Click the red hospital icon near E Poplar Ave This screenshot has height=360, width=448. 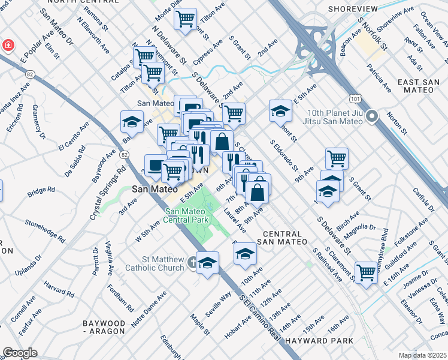click(8, 45)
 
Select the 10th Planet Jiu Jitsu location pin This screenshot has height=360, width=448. click(372, 116)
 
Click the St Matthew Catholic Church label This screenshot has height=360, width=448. click(158, 263)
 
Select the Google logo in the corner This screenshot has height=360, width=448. click(20, 352)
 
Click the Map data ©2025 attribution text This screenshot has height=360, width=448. click(422, 355)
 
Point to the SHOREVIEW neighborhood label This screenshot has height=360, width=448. click(353, 9)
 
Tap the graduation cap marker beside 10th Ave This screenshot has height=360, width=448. click(244, 254)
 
